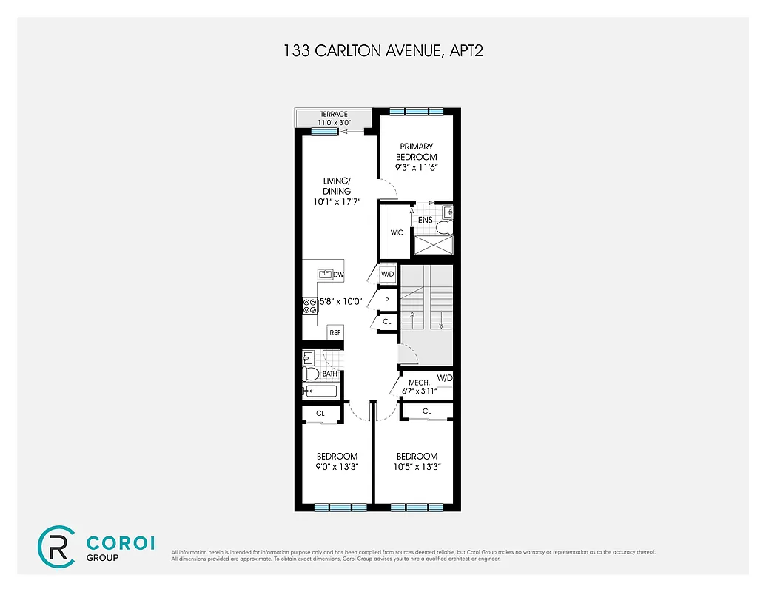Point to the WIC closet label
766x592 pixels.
(x=397, y=233)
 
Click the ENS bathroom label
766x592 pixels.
(x=426, y=220)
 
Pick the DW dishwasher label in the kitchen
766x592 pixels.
(x=338, y=275)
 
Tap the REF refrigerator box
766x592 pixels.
(x=335, y=333)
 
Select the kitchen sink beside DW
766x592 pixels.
(x=326, y=274)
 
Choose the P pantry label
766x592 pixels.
(x=386, y=300)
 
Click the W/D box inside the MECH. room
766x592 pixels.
(x=444, y=378)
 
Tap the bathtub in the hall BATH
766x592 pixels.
(x=320, y=391)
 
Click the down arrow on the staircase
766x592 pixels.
(x=440, y=321)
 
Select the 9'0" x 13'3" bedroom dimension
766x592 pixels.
(x=337, y=467)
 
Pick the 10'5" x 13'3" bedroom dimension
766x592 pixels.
(x=417, y=467)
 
